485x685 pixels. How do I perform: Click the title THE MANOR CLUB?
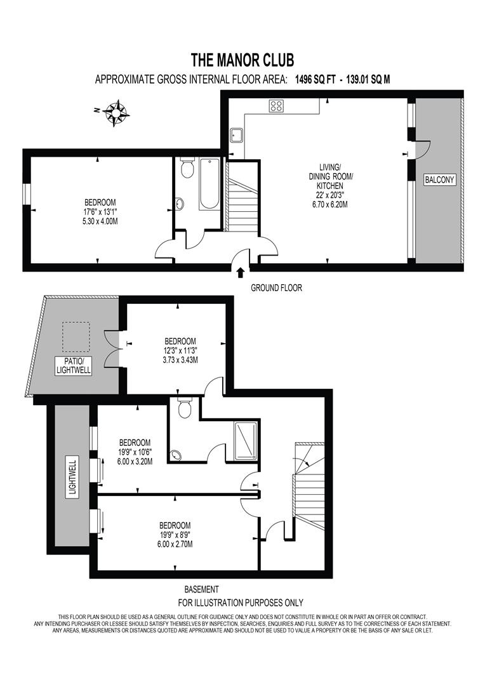pos(242,60)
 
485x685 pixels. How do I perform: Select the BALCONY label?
pos(440,180)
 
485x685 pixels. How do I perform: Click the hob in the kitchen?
pos(277,106)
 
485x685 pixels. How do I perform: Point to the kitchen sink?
pos(237,134)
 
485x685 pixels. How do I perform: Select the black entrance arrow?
pos(241,273)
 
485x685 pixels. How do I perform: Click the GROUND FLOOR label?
pos(276,288)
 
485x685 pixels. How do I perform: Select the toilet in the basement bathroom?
pos(185,408)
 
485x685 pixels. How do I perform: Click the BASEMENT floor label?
pos(201,589)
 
